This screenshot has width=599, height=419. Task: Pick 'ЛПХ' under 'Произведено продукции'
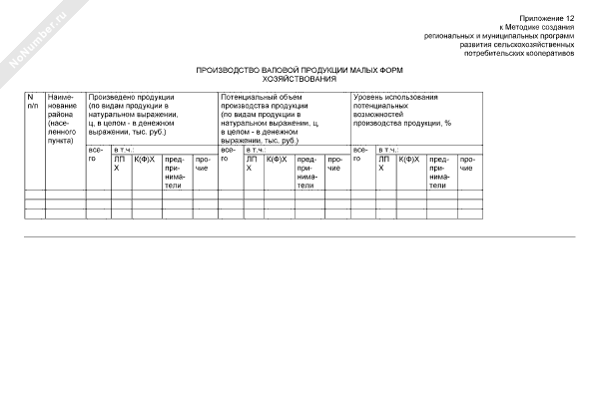click(120, 163)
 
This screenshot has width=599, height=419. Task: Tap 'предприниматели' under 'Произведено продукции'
click(175, 172)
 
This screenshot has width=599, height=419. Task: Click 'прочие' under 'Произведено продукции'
click(202, 163)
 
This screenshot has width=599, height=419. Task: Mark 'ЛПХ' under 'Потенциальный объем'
click(252, 163)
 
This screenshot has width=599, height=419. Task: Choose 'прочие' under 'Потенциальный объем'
click(334, 163)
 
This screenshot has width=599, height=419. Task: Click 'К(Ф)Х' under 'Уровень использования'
click(409, 159)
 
